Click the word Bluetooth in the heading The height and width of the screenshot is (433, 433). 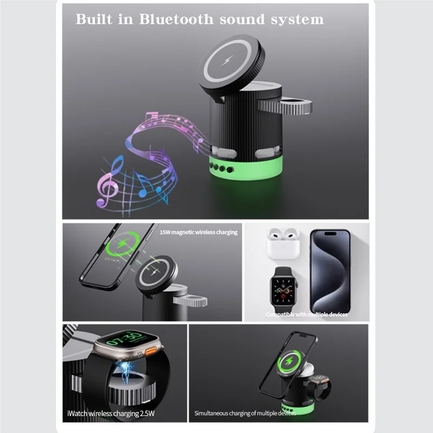170,19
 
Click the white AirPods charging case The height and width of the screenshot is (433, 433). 282,243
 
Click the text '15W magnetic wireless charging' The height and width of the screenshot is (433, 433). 198,232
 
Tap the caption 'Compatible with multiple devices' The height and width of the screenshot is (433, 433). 306,314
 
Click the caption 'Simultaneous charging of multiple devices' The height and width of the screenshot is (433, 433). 245,414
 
